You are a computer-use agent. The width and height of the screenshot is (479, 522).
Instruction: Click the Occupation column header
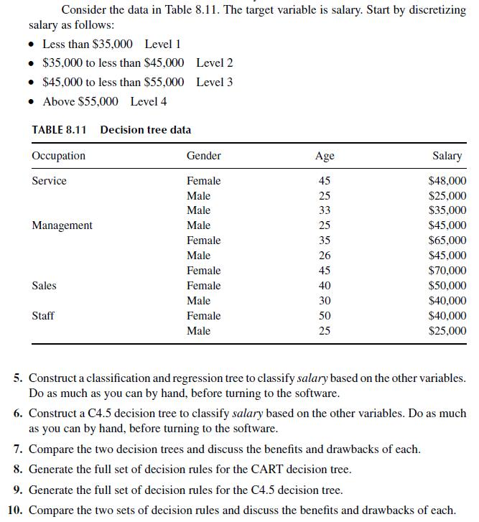[58, 156]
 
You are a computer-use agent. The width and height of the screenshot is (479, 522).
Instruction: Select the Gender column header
[203, 156]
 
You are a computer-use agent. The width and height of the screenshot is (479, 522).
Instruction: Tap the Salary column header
[447, 156]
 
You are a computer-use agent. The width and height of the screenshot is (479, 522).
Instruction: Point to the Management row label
[62, 225]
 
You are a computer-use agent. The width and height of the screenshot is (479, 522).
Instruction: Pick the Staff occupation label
[43, 316]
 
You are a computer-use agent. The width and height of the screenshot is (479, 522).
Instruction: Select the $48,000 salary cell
[447, 181]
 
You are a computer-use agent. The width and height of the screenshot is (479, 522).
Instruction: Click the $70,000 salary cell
[447, 271]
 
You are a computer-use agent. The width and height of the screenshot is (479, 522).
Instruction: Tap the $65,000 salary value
[447, 241]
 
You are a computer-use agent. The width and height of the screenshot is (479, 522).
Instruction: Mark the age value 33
[325, 210]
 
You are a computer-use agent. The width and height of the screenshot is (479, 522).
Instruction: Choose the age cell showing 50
[325, 316]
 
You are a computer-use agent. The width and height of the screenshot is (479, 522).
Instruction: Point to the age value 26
[325, 256]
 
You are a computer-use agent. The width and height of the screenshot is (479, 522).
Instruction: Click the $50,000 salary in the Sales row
[447, 286]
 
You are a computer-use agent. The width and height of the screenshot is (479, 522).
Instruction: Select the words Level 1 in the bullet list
[162, 44]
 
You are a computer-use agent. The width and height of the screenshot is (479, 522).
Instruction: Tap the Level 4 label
[149, 101]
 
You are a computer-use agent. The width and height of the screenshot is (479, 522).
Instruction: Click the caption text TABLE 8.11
[59, 130]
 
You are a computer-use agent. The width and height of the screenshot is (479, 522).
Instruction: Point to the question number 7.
[19, 449]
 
